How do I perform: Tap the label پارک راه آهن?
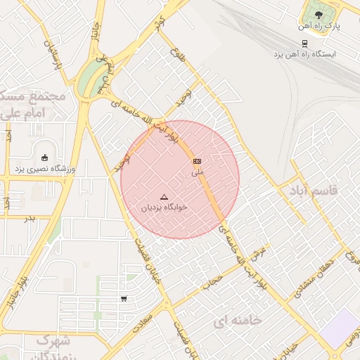pyautogui.click(x=319, y=26)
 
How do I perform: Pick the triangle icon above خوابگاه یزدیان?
pyautogui.click(x=165, y=198)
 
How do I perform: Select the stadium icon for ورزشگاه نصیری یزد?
pyautogui.click(x=45, y=157)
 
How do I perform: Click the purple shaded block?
pyautogui.click(x=339, y=328)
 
